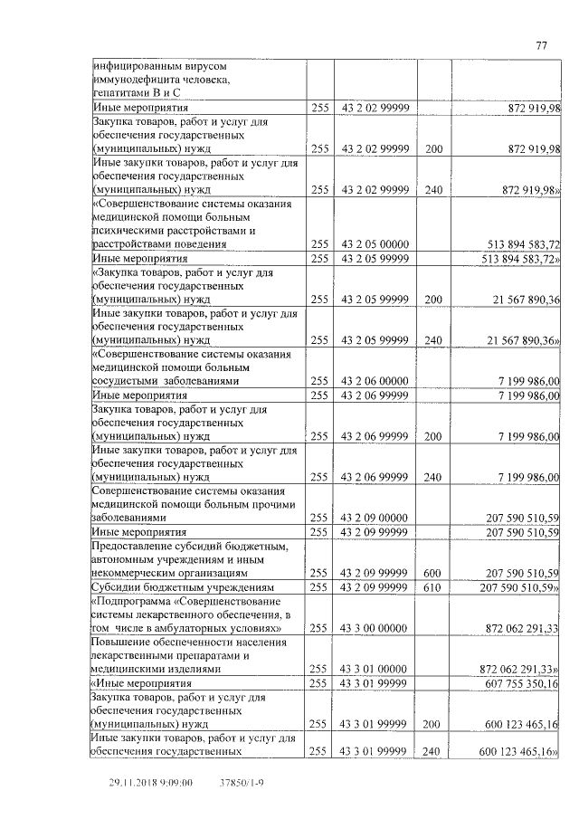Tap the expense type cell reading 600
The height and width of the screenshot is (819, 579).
(433, 573)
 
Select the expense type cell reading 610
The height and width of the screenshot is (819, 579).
(433, 586)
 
